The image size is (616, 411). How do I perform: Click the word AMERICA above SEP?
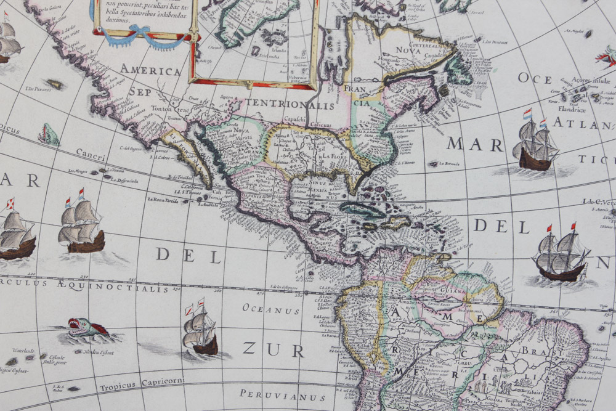click(150, 70)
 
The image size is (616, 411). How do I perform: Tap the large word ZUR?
click(274, 350)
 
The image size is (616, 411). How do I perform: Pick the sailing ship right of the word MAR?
click(535, 144)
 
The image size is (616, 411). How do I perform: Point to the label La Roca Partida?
click(163, 199)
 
